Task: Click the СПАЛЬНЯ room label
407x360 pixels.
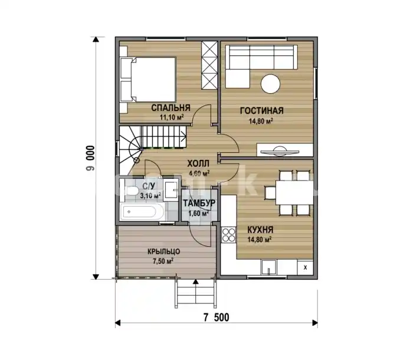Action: [171, 108]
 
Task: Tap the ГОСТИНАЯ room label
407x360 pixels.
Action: [262, 110]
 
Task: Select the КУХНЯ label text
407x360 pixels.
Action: [260, 230]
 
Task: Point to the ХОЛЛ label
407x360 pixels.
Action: [198, 163]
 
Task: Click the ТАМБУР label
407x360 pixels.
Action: [199, 203]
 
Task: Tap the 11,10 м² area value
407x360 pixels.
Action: [172, 117]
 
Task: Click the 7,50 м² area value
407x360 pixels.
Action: [163, 261]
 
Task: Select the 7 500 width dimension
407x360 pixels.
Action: [216, 318]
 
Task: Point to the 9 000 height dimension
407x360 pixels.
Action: [91, 158]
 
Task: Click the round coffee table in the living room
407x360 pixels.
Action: [271, 84]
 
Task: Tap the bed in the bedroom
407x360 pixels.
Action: [148, 79]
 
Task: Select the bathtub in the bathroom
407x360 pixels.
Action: [143, 212]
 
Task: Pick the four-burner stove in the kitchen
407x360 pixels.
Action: [228, 235]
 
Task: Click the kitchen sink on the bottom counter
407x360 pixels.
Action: [269, 267]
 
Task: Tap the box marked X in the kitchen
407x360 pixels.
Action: [306, 267]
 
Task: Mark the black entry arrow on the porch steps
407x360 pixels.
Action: [196, 282]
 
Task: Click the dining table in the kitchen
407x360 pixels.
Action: [294, 193]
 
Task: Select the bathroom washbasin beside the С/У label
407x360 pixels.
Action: [171, 189]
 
